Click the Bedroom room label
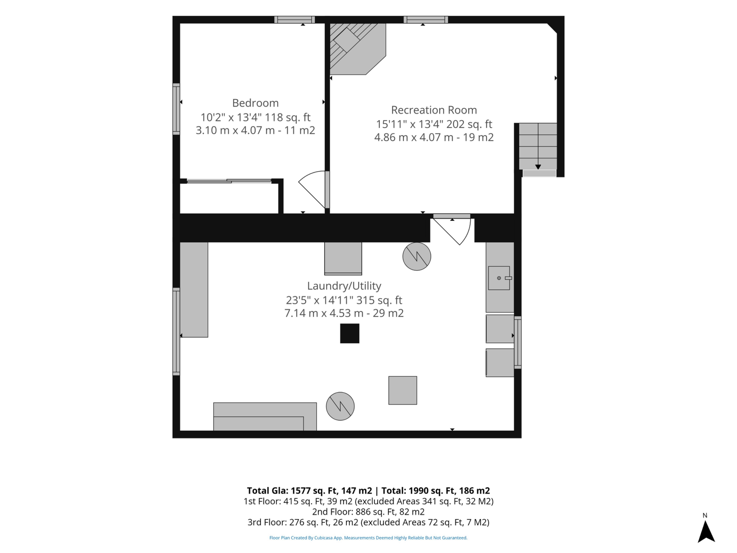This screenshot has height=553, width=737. (255, 103)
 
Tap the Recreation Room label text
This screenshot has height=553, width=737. (434, 110)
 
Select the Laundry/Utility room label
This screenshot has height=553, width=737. (344, 286)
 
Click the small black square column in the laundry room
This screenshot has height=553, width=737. (349, 333)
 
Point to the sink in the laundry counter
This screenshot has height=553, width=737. (499, 278)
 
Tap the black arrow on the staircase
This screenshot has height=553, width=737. (538, 167)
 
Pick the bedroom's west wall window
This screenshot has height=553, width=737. (176, 109)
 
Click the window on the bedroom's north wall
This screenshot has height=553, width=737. (295, 20)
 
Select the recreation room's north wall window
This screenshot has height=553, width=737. (426, 20)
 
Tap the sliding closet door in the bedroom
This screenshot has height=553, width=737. (229, 181)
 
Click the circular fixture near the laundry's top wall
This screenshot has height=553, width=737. (417, 256)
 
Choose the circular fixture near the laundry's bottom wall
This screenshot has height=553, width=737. (340, 406)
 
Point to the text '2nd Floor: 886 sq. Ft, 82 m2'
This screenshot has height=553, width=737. (368, 512)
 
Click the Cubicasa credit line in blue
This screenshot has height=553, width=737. (368, 538)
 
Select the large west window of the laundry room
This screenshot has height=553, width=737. (176, 332)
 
